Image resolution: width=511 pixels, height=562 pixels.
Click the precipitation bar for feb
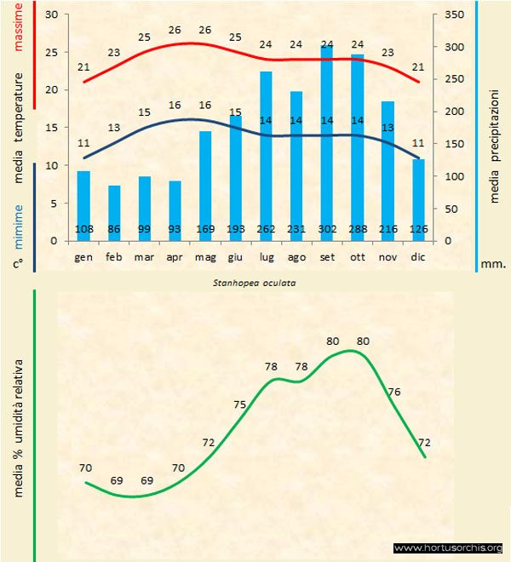click(x=114, y=213)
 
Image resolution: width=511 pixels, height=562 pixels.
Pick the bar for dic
click(x=418, y=199)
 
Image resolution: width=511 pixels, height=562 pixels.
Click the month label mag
click(x=204, y=256)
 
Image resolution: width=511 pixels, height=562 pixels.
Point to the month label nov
click(x=388, y=256)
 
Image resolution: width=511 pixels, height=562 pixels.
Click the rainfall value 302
click(x=327, y=229)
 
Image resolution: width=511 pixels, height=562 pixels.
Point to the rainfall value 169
click(x=204, y=229)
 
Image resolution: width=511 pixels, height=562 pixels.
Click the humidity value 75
click(x=239, y=404)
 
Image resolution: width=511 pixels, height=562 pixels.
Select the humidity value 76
click(x=394, y=392)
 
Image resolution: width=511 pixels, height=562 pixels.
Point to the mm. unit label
click(x=494, y=264)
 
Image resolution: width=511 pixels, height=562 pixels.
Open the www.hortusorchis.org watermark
click(x=450, y=548)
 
